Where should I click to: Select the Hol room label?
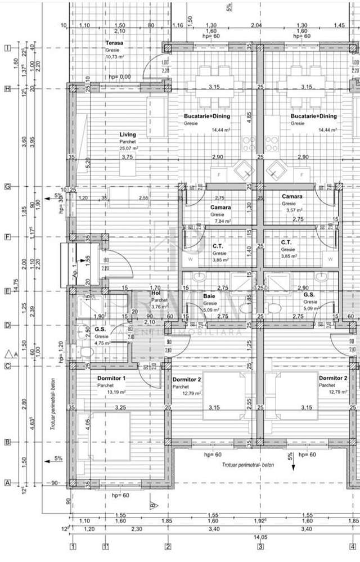[156, 293]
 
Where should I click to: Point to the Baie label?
[209, 295]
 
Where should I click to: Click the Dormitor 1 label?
[111, 378]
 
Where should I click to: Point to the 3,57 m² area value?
[292, 210]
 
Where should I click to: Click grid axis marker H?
[8, 88]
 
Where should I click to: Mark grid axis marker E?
[8, 291]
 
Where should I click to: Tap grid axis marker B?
[8, 442]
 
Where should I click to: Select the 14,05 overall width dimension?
[260, 538]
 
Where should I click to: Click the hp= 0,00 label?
[120, 77]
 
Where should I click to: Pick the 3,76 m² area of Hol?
[157, 307]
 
